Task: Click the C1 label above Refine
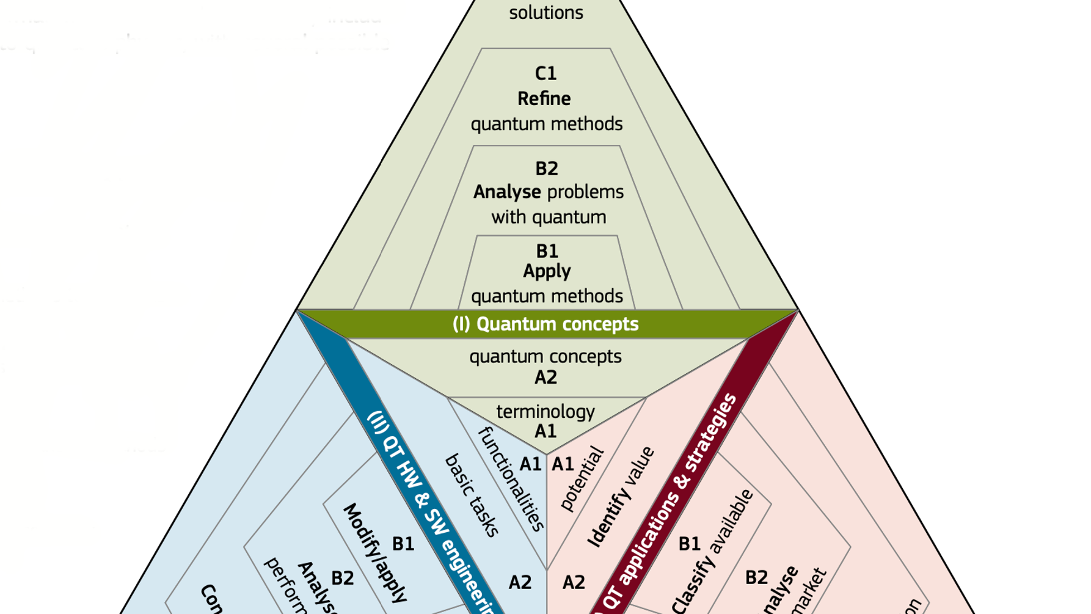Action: [x=545, y=74]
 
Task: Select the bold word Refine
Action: [x=544, y=99]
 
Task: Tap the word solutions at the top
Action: [x=546, y=13]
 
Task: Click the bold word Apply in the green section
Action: [x=547, y=271]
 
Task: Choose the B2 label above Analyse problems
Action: [x=547, y=169]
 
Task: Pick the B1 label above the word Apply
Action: [x=547, y=251]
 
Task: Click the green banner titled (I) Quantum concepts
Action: [x=545, y=324]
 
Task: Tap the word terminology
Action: [x=545, y=412]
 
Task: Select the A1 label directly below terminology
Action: [x=545, y=431]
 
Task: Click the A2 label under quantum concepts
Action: [x=545, y=378]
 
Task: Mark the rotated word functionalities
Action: [x=511, y=480]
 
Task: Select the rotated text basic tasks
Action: [x=472, y=495]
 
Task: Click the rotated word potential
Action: [x=581, y=480]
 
